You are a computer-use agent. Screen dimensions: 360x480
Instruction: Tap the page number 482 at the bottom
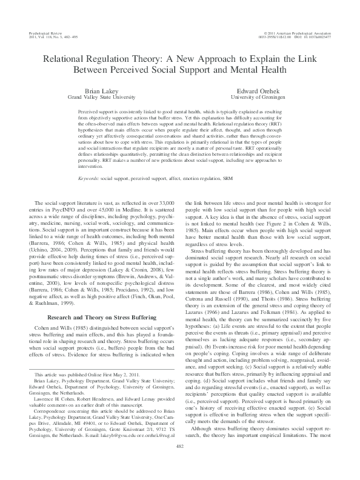pyautogui.click(x=180, y=462)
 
